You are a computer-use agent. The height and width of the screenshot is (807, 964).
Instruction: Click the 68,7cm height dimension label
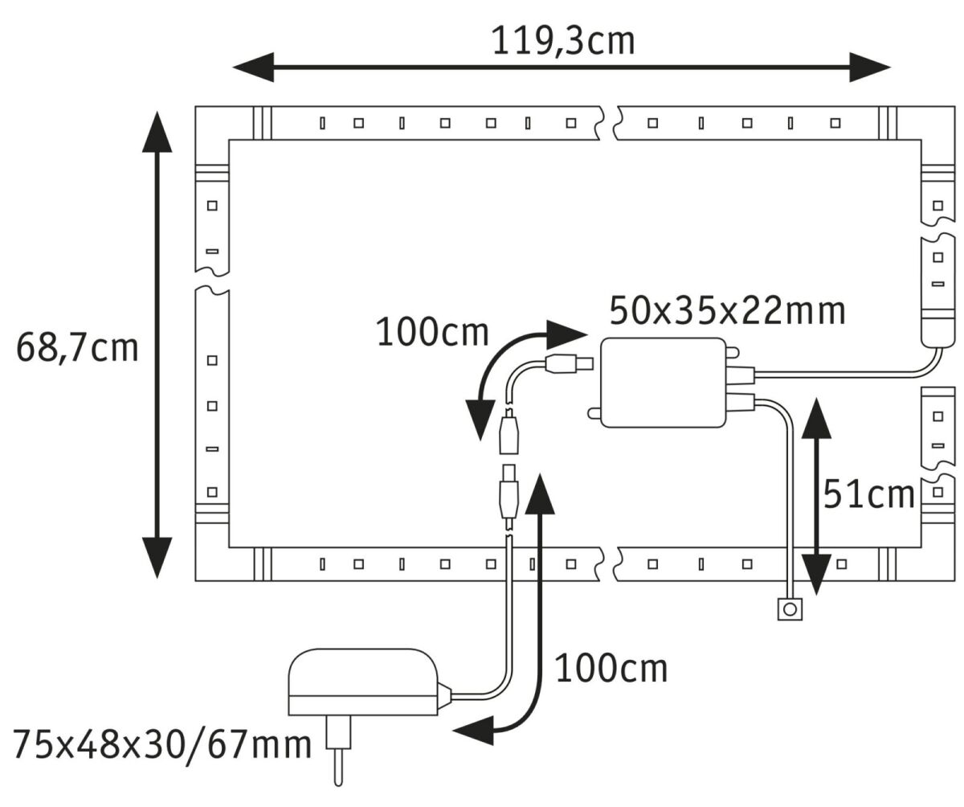tap(77, 349)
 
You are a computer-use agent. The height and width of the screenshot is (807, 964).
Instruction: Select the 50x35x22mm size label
tap(727, 310)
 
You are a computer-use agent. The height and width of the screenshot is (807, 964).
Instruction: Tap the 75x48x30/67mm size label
tap(161, 744)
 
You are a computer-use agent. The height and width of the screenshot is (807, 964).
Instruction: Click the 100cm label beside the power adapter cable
tap(611, 668)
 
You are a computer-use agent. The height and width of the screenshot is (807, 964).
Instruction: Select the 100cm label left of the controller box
tap(432, 332)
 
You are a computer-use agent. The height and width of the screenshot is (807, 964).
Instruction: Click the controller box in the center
tap(662, 382)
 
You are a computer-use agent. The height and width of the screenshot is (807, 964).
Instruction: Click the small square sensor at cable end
tap(790, 610)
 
